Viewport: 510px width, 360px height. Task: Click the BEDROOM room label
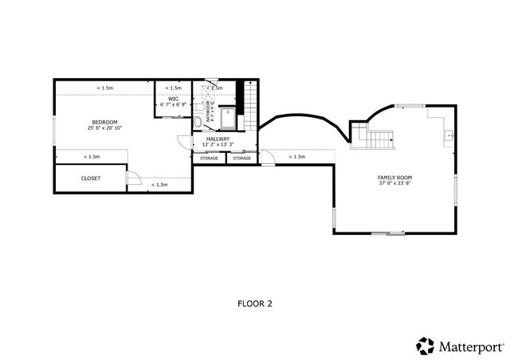click(x=104, y=121)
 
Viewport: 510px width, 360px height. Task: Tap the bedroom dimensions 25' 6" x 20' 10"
click(x=104, y=127)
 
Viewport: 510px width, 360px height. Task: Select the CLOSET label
click(x=91, y=178)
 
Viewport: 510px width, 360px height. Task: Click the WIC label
click(x=173, y=99)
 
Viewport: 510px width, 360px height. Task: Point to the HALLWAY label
click(x=218, y=139)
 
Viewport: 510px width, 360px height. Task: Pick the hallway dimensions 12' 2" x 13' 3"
click(x=218, y=145)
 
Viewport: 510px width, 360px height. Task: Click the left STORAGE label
click(x=209, y=158)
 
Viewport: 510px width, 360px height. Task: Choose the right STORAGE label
click(x=241, y=158)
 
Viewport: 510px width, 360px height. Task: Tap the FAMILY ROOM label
click(x=394, y=177)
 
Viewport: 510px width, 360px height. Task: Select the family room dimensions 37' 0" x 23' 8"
click(x=394, y=183)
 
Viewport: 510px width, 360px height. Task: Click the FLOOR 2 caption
click(x=255, y=303)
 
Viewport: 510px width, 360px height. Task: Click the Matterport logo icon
click(x=425, y=346)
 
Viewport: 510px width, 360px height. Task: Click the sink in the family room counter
click(x=449, y=135)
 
